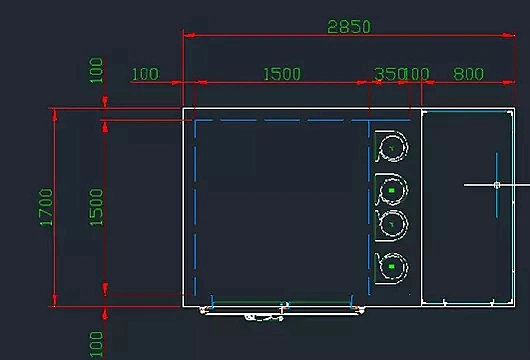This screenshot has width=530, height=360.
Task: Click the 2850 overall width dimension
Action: tap(349, 27)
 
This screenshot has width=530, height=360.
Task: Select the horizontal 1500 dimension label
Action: tap(281, 74)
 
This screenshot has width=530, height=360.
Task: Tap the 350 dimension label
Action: tap(389, 74)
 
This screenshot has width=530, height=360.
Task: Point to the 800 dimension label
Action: tap(468, 74)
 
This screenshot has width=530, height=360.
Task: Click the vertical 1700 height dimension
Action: tap(46, 207)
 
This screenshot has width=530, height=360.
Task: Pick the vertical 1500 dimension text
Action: tap(96, 207)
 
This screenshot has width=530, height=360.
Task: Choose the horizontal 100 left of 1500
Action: tap(145, 74)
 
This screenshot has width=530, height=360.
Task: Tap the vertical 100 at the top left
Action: tap(96, 71)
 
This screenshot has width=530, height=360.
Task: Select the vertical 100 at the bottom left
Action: tap(96, 343)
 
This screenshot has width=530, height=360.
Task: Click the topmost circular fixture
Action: tap(393, 148)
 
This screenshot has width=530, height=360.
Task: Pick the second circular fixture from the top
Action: tap(393, 188)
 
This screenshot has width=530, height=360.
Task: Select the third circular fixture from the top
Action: tap(393, 225)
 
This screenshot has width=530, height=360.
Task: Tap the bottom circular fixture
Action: tap(393, 266)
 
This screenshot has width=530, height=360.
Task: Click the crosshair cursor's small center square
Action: tap(497, 185)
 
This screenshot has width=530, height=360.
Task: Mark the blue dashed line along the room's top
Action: tap(280, 122)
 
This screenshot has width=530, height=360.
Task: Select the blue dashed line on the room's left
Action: tap(195, 210)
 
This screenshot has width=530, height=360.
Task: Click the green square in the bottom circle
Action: tap(393, 267)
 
